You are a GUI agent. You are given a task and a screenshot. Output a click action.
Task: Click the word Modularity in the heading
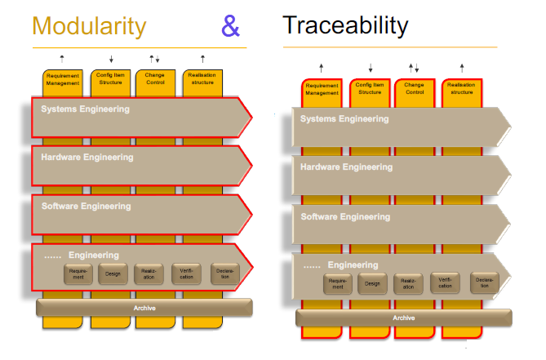click(89, 26)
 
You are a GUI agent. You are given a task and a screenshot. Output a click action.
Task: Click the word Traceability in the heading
click(345, 24)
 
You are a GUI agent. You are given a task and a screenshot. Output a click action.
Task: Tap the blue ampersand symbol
click(231, 26)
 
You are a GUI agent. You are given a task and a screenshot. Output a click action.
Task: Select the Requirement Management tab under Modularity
click(63, 80)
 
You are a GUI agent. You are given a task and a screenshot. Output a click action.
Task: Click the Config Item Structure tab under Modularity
click(111, 80)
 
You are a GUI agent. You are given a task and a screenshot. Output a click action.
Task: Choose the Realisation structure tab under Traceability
click(461, 90)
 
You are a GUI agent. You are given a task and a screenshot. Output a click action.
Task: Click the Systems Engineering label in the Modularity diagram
click(86, 109)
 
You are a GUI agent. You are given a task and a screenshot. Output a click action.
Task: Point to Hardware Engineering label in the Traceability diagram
click(346, 167)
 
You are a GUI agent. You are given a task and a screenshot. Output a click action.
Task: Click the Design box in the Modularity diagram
click(113, 274)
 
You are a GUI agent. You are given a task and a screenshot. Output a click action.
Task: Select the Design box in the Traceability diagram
click(372, 284)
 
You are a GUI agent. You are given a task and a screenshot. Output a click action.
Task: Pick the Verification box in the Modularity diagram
click(186, 274)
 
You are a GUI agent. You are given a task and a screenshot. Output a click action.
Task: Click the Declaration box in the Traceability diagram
click(484, 284)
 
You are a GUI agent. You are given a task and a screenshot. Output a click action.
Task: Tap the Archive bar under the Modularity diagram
click(144, 308)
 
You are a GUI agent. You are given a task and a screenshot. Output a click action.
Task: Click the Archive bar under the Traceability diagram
click(403, 318)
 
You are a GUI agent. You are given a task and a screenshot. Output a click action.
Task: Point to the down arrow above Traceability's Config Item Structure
click(371, 68)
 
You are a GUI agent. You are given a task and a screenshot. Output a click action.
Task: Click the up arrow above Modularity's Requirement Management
click(63, 57)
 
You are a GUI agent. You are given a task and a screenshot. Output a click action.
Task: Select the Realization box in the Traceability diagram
click(409, 284)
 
